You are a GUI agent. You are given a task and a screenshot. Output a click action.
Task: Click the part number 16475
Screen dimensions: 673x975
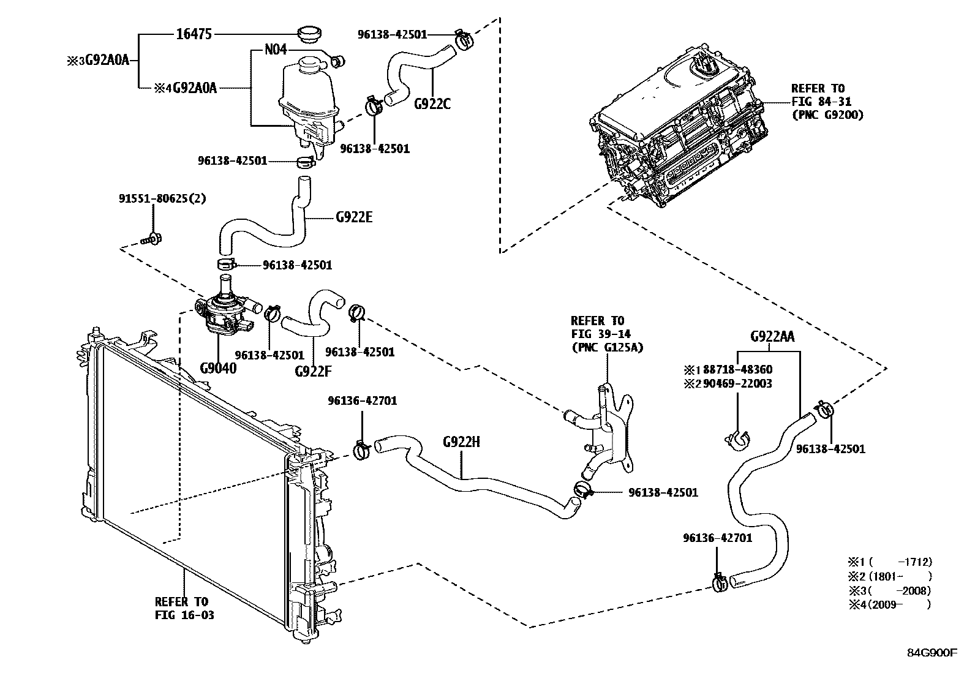point(194,34)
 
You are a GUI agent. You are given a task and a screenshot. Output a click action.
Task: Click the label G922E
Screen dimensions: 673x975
point(354,217)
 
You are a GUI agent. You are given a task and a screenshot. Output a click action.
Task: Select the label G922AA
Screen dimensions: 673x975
point(772,337)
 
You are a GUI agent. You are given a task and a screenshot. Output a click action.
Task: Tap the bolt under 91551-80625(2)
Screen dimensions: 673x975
point(151,238)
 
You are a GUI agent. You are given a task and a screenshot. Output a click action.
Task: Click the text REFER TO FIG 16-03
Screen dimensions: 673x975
point(184,608)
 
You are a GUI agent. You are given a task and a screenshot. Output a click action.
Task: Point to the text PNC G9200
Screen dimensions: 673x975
point(827,115)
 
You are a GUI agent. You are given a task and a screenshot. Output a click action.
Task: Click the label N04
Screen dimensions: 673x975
point(275,50)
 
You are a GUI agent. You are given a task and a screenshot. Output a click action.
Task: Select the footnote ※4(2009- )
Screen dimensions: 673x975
point(889,605)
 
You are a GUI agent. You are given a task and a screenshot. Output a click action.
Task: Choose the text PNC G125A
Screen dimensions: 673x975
point(606,348)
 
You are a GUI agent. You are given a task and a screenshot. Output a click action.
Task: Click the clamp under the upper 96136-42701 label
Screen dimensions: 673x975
point(362,451)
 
